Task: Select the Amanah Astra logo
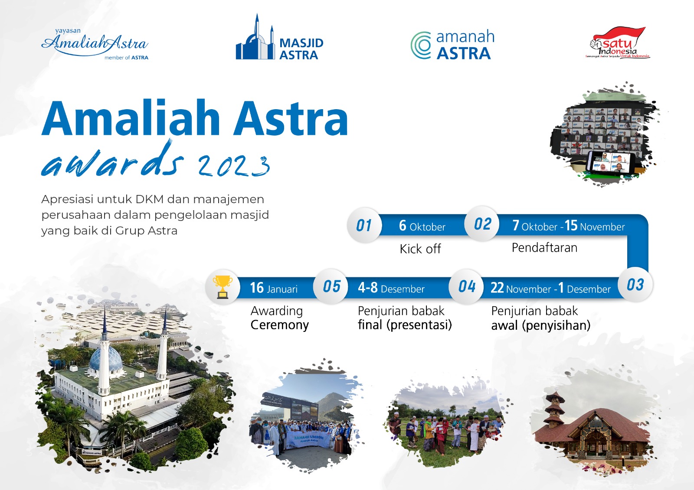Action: pyautogui.click(x=452, y=45)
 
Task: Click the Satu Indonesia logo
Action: pyautogui.click(x=618, y=43)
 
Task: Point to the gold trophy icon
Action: pyautogui.click(x=223, y=287)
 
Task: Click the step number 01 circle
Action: pyautogui.click(x=364, y=225)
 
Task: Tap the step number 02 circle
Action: pyautogui.click(x=482, y=224)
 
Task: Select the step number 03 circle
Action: pyautogui.click(x=635, y=285)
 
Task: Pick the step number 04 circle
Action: pyautogui.click(x=467, y=286)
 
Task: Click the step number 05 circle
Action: pyautogui.click(x=331, y=286)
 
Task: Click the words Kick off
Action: pyautogui.click(x=420, y=249)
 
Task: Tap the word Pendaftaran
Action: pyautogui.click(x=544, y=248)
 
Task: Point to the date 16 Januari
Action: pyautogui.click(x=274, y=288)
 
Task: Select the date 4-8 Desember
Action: pyautogui.click(x=391, y=288)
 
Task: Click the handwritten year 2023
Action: pyautogui.click(x=234, y=166)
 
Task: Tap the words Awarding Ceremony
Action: pyautogui.click(x=280, y=318)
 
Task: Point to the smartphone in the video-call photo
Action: pyautogui.click(x=610, y=163)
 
